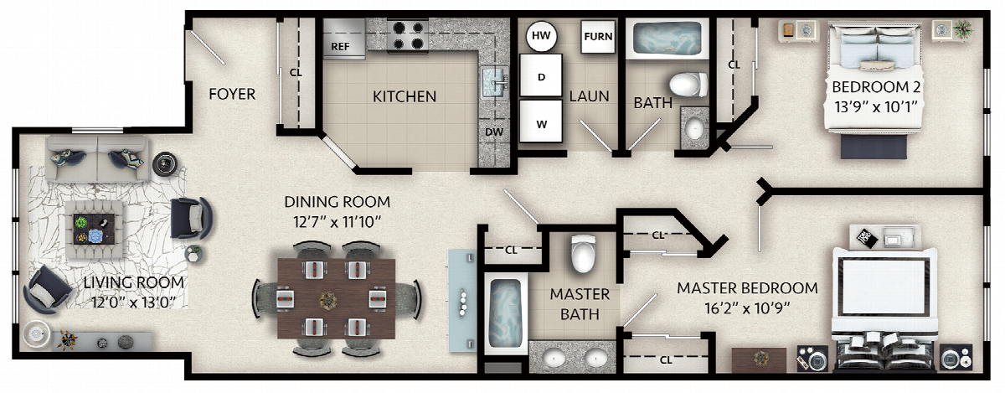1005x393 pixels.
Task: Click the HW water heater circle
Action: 541,36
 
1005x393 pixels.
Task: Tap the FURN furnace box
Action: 598,37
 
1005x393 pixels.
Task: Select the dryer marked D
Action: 541,75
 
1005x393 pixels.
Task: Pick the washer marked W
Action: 541,122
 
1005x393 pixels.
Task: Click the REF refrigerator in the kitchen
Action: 344,39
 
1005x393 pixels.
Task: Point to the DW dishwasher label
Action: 494,132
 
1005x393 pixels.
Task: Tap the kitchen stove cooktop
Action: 407,36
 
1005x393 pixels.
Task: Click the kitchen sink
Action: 495,83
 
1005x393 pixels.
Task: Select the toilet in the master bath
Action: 583,253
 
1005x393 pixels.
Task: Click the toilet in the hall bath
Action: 688,85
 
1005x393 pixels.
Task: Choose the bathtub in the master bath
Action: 506,313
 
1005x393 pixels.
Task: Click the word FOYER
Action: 232,94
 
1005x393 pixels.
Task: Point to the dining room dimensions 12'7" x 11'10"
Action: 337,222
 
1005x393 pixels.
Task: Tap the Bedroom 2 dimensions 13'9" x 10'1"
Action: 875,107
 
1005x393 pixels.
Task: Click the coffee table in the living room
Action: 94,229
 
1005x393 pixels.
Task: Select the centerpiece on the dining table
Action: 328,300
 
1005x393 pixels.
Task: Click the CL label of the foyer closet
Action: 296,72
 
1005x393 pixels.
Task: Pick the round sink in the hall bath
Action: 694,129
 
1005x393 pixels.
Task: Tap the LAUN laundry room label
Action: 589,96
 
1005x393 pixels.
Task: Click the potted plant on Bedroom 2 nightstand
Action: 963,29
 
